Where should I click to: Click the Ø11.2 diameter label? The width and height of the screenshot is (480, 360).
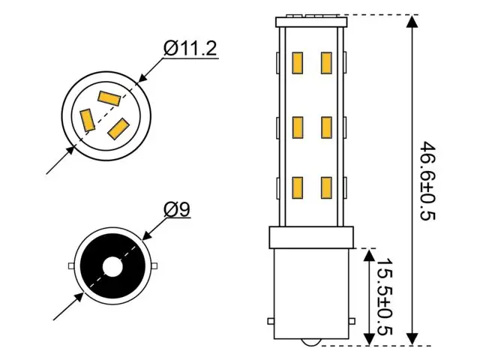pyautogui.click(x=190, y=49)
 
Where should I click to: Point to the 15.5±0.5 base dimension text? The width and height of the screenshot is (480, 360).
pyautogui.click(x=384, y=296)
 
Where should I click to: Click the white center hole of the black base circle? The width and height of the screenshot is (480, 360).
pyautogui.click(x=112, y=266)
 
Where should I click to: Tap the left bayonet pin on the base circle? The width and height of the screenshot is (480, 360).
pyautogui.click(x=70, y=266)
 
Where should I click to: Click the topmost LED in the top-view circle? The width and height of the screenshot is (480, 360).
pyautogui.click(x=109, y=97)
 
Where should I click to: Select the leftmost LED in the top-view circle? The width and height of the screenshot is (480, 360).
pyautogui.click(x=88, y=118)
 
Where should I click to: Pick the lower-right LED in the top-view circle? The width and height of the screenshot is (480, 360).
pyautogui.click(x=118, y=129)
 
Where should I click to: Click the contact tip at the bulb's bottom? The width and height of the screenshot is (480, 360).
pyautogui.click(x=312, y=342)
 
